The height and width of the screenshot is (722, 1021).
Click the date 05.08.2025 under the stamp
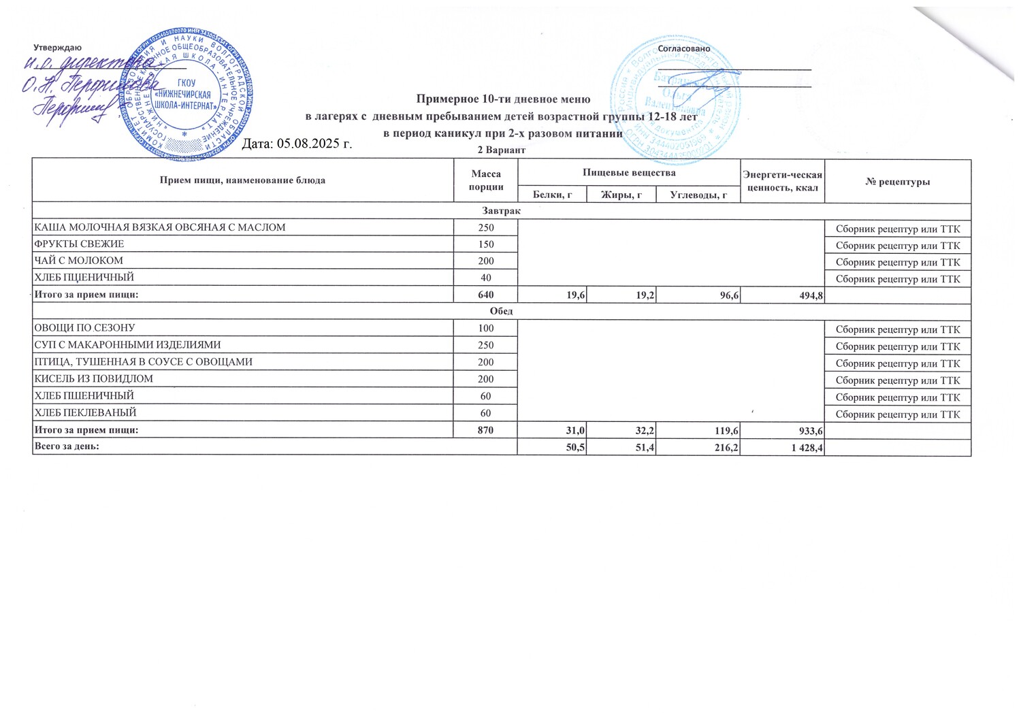[x=297, y=144]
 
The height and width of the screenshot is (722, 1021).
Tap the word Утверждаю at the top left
[x=58, y=48]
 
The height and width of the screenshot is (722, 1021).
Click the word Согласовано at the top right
[x=683, y=49]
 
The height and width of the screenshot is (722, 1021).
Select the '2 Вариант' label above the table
[x=502, y=150]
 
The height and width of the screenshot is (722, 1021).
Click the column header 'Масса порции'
[x=486, y=180]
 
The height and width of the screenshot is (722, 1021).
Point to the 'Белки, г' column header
[x=552, y=195]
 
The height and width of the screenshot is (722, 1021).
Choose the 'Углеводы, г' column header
[x=698, y=195]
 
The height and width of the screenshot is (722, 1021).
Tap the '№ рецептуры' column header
[x=897, y=182]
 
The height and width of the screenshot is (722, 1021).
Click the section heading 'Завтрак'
[x=502, y=211]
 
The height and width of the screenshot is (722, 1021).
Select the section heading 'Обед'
[x=502, y=311]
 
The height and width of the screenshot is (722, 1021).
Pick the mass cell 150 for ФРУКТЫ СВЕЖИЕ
[x=486, y=244]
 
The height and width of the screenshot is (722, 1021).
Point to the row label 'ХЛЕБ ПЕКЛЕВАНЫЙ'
[x=86, y=412]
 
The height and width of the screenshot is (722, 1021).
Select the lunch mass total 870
[x=486, y=430]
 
